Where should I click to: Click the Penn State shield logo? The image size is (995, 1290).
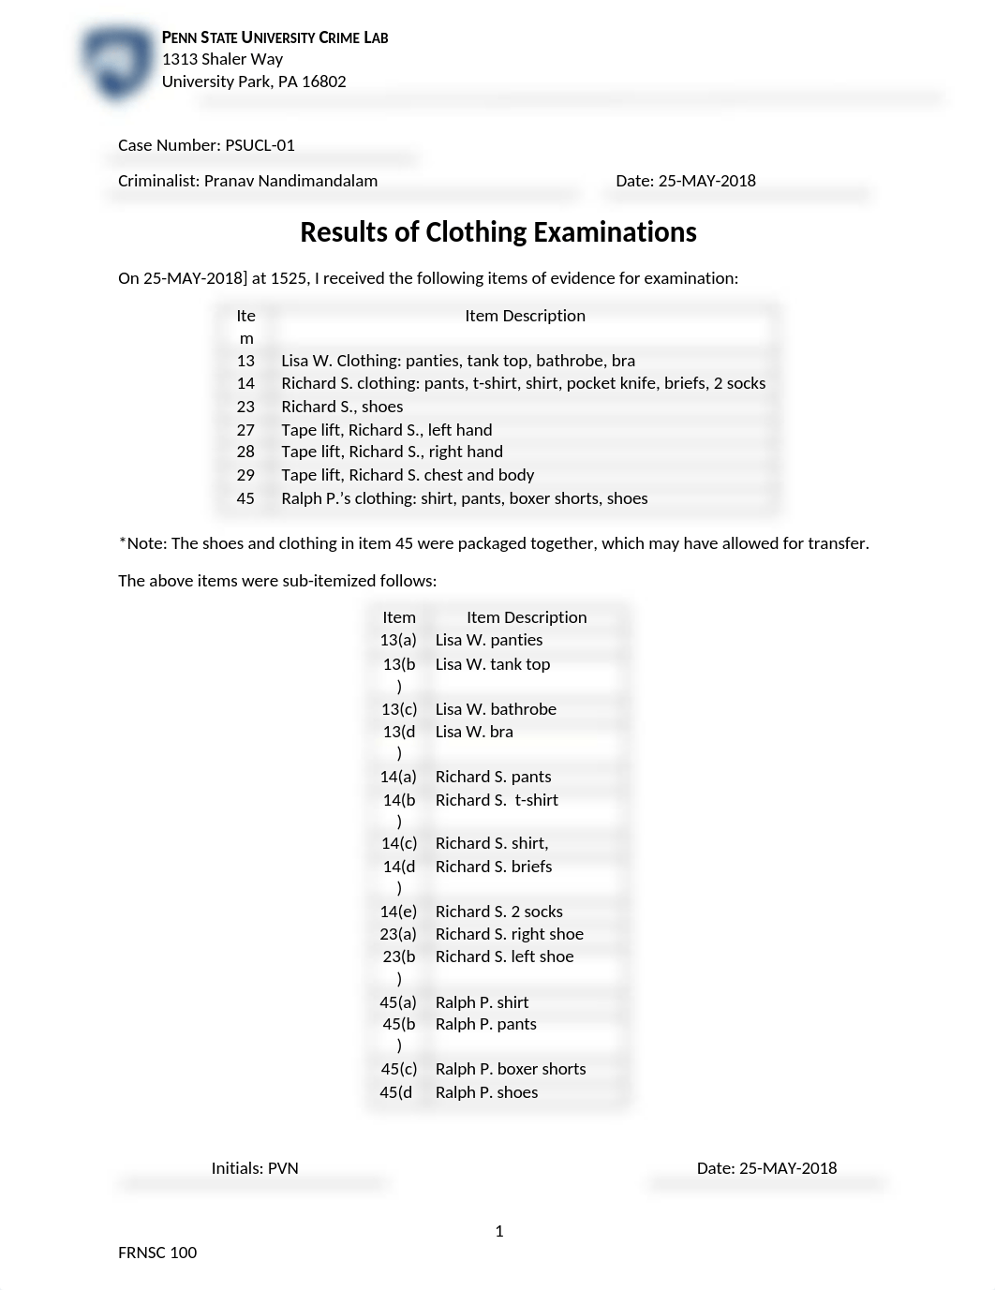pos(117,63)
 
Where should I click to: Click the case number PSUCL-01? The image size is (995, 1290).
pos(260,145)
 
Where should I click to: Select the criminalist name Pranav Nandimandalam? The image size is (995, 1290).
pos(290,181)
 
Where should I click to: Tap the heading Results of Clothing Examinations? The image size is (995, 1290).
pos(497,232)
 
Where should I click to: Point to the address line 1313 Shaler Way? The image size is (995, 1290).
pos(222,59)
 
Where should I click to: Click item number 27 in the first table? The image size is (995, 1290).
pos(245,430)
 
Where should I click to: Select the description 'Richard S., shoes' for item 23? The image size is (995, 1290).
pos(342,407)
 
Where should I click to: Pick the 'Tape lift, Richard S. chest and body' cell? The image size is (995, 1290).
pos(408,475)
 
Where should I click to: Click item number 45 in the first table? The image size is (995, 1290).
pos(245,498)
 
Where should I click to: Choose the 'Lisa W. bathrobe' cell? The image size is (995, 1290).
pos(496,709)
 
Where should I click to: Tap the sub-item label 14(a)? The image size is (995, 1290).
pos(398,777)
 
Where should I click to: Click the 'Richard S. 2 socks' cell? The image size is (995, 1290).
pos(498,912)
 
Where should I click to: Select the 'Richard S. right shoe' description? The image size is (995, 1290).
pos(509,934)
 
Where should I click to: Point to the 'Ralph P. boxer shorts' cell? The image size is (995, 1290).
pos(511,1069)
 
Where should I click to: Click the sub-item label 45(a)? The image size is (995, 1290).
pos(398,1002)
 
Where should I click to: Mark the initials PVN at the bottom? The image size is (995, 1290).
pos(283,1168)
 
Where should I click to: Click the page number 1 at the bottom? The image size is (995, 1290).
pos(499,1231)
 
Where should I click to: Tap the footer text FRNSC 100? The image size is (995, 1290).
pos(157,1253)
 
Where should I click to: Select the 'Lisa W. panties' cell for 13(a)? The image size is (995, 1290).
pos(489,640)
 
